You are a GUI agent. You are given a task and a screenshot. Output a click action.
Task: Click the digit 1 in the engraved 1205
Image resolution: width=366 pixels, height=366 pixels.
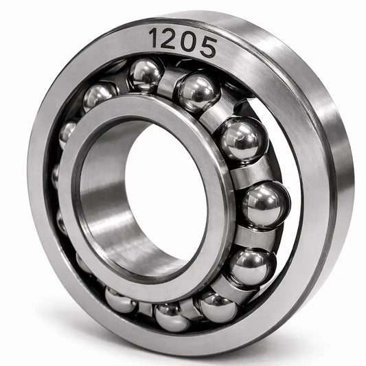click(155, 37)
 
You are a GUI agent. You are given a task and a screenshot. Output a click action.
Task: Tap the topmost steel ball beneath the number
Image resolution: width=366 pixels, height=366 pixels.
click(146, 74)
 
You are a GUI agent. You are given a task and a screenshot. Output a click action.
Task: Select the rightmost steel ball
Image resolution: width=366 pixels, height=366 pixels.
click(266, 205)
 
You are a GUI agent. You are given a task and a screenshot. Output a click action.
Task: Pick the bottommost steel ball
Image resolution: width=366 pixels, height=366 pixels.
click(172, 317)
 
